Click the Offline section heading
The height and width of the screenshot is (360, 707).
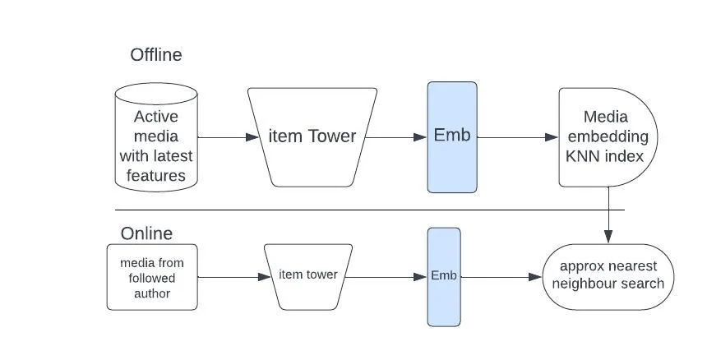[155, 55]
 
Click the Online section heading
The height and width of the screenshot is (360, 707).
[146, 233]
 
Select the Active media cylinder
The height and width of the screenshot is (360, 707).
[156, 137]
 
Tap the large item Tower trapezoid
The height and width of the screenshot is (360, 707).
[312, 137]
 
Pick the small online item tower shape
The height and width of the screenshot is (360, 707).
[308, 276]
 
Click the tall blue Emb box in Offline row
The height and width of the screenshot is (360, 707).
[452, 137]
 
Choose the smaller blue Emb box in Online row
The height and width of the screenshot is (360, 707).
[444, 276]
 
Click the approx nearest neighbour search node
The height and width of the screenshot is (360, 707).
[608, 276]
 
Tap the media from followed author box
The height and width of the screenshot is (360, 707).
[152, 277]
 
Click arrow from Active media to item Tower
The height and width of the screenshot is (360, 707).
[223, 137]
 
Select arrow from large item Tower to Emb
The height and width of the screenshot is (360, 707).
[395, 137]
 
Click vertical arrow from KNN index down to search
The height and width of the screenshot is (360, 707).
[608, 215]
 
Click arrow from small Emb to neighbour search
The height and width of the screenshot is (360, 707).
[501, 277]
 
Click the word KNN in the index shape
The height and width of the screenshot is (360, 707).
[585, 156]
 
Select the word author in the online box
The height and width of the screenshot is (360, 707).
[152, 293]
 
